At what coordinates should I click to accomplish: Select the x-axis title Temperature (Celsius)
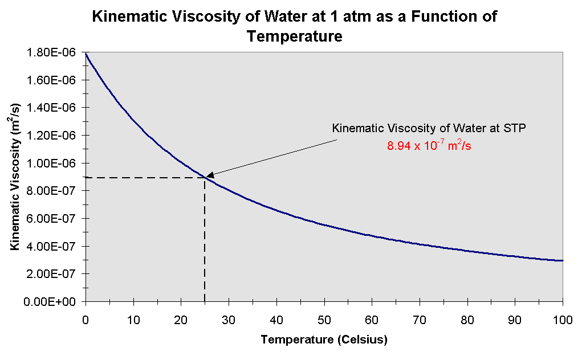point(324,341)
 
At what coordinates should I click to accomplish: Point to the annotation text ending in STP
point(429,129)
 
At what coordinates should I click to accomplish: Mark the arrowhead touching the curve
point(209,175)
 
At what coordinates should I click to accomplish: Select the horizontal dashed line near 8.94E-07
point(143,178)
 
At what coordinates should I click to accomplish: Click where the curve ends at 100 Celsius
point(562,260)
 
